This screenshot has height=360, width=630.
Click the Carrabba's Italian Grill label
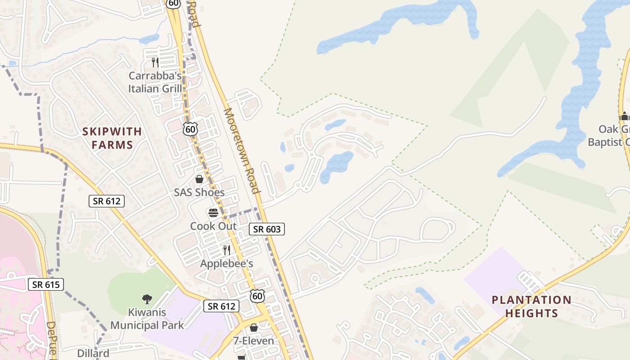155,82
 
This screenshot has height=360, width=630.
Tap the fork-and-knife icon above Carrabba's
155,62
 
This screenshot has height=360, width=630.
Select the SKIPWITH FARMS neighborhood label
112,138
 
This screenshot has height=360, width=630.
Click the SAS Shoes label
199,193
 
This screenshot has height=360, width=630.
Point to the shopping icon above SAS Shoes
199,179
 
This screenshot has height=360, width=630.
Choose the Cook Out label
213,226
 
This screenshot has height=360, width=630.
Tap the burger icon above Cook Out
213,213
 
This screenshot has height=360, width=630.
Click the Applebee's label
226,263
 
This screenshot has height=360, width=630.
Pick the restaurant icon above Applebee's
227,250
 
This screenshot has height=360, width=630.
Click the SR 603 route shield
267,229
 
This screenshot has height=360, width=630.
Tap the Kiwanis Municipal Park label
147,319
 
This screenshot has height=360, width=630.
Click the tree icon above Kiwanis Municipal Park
147,299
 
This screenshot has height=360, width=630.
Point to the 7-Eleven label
253,341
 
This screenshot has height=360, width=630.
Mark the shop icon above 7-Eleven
254,328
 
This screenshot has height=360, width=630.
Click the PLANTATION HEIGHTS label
531,306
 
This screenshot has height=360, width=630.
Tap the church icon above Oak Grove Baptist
624,116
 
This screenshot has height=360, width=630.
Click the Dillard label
93,353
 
